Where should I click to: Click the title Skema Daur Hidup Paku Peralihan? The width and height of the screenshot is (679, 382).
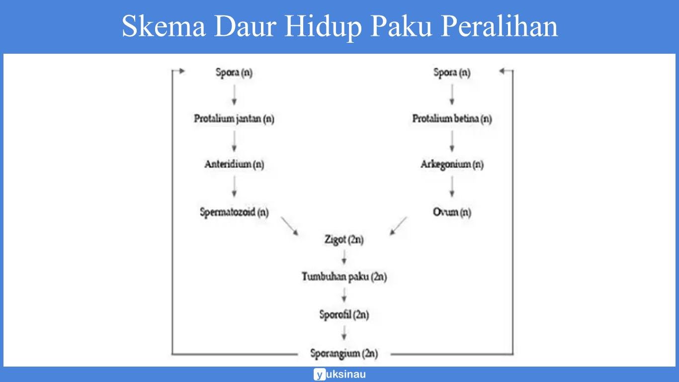339,26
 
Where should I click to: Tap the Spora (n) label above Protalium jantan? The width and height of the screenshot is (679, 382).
234,73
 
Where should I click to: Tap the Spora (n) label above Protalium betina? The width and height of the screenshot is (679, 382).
451,73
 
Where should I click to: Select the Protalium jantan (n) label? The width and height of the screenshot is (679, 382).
234,119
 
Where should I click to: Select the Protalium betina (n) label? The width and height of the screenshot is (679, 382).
452,119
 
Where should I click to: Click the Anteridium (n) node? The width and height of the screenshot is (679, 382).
234,164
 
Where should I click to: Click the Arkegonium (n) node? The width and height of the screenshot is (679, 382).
452,164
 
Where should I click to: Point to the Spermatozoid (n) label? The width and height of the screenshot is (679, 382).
234,212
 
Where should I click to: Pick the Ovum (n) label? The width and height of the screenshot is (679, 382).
452,212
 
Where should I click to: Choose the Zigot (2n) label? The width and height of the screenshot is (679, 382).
343,240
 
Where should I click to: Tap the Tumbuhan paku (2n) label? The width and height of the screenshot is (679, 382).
343,277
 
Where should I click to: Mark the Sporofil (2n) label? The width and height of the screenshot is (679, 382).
343,315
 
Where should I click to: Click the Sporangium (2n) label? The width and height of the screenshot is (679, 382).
343,354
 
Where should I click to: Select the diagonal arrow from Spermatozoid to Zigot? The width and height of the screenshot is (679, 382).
289,225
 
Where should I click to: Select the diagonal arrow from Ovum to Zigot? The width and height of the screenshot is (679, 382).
398,225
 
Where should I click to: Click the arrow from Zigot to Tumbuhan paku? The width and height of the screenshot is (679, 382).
343,258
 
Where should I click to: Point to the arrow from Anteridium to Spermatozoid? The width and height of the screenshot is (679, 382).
234,188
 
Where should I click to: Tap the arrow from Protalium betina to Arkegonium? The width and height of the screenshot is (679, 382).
452,141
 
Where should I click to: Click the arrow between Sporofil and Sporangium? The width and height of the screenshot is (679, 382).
343,333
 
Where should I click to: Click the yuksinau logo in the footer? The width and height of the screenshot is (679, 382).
339,374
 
